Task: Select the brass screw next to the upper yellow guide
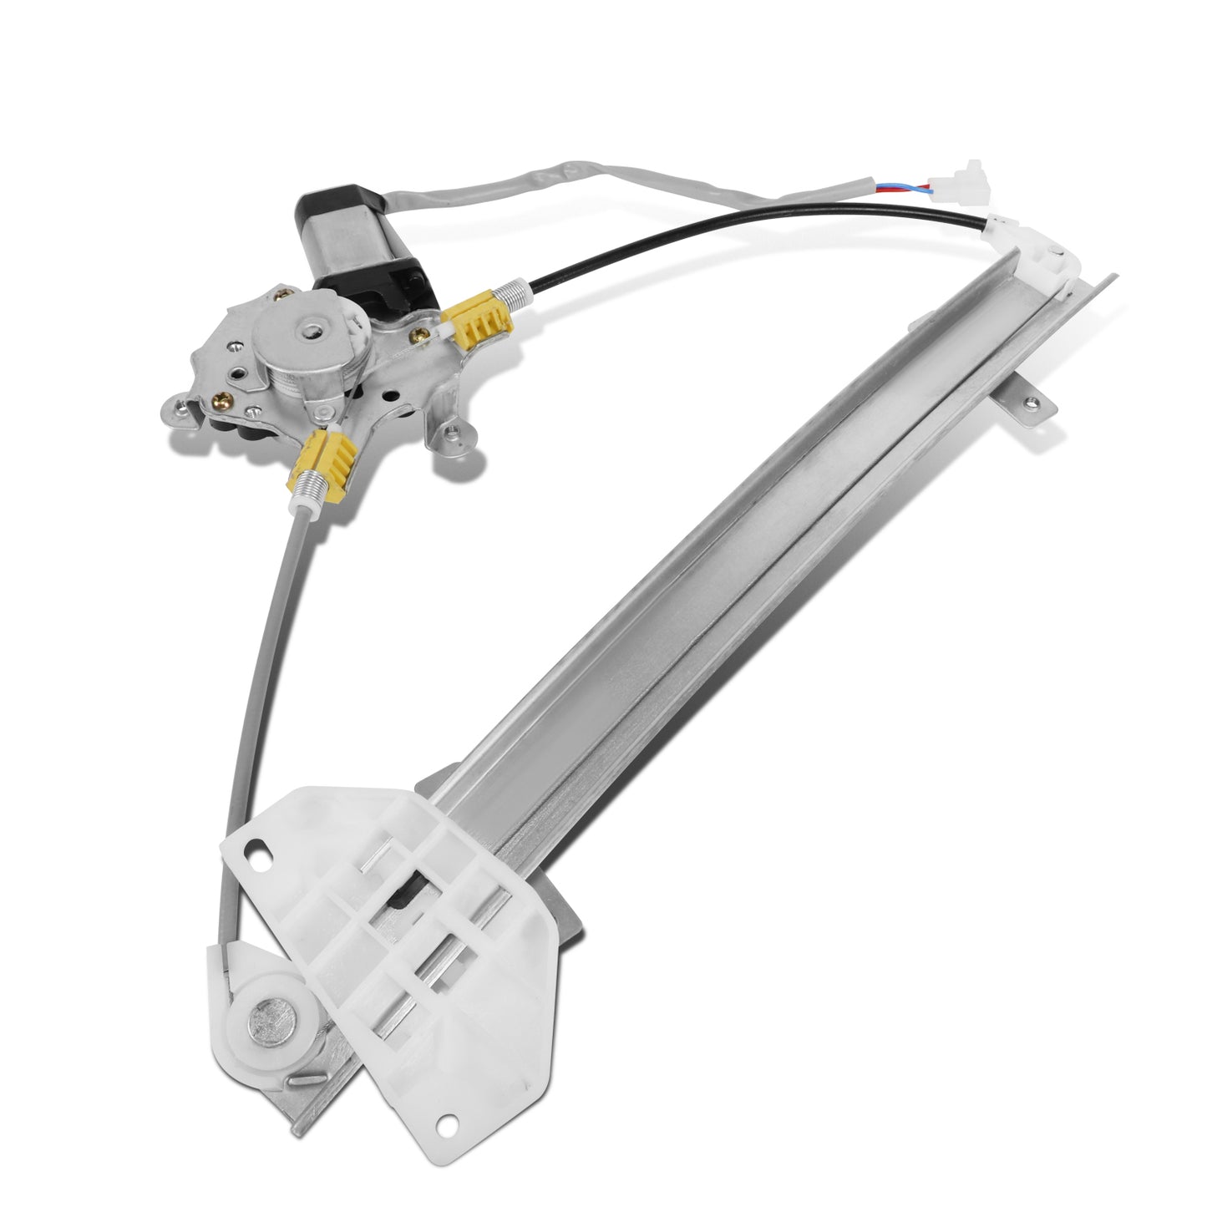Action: [x=419, y=339]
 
